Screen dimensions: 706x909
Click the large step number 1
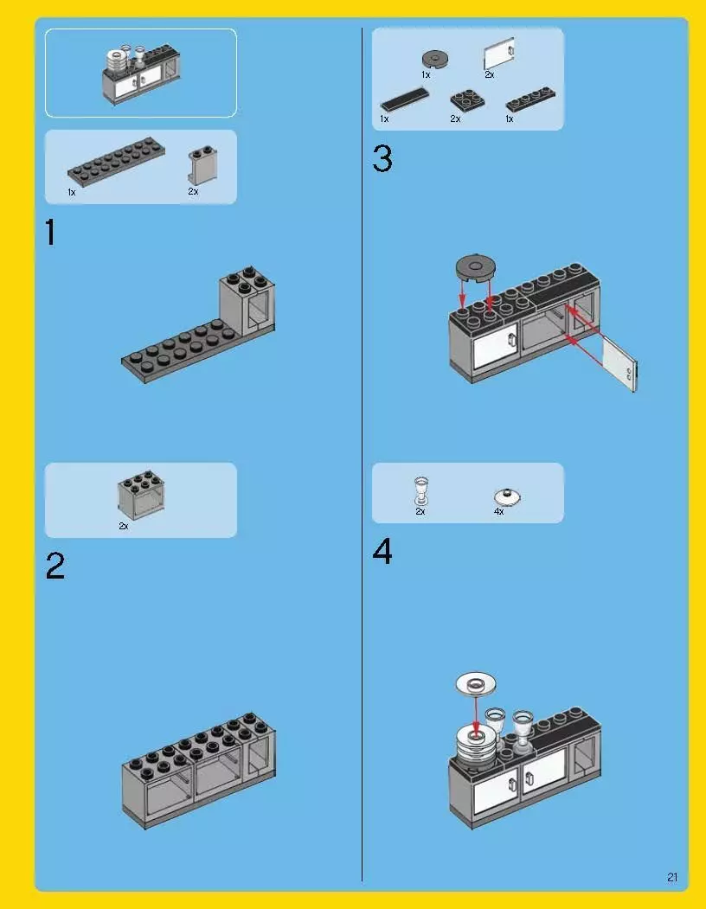(x=50, y=233)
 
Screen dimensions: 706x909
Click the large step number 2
(x=55, y=566)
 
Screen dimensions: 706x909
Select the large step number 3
(x=382, y=158)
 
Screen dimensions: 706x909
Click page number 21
(x=672, y=877)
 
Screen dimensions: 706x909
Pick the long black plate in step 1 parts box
(x=116, y=162)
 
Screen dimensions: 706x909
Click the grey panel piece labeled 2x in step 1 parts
(x=202, y=165)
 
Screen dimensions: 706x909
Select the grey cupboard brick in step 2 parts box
(x=141, y=495)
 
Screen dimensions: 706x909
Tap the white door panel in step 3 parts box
(x=499, y=54)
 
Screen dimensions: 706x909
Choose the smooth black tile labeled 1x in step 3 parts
(x=405, y=99)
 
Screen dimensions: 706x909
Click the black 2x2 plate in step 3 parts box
(x=467, y=100)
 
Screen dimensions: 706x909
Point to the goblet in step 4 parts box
(x=421, y=490)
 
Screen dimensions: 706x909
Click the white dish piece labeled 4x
(x=508, y=496)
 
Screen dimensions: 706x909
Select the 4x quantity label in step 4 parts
(x=499, y=511)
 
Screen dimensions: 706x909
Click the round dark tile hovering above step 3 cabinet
(x=475, y=267)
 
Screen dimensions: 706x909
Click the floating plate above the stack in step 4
(x=476, y=684)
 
